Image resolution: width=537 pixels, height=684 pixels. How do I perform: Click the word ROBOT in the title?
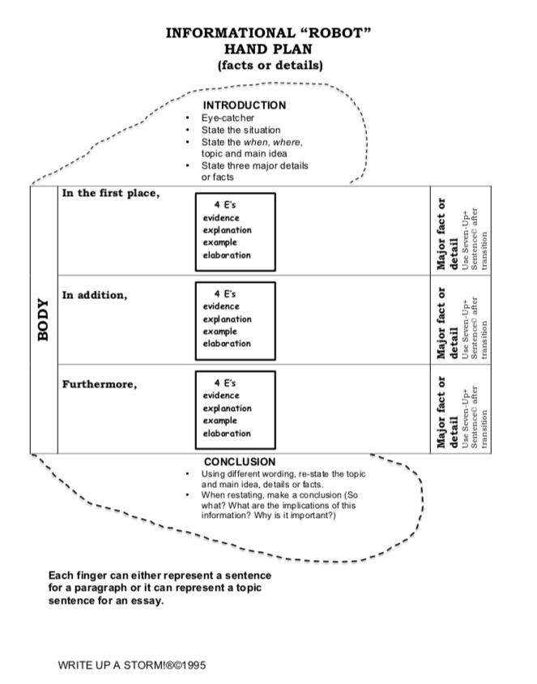click(336, 33)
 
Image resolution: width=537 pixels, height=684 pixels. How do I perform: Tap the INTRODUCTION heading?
click(244, 105)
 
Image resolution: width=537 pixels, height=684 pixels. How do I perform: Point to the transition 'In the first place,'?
click(110, 195)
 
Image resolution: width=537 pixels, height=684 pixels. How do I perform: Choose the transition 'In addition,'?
click(95, 295)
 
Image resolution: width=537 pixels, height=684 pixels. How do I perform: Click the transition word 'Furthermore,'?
click(100, 383)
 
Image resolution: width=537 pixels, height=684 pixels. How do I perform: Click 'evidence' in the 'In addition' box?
click(221, 307)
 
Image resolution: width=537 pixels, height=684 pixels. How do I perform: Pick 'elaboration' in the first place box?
click(227, 255)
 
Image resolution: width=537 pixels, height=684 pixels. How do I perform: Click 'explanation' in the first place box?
click(227, 230)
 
